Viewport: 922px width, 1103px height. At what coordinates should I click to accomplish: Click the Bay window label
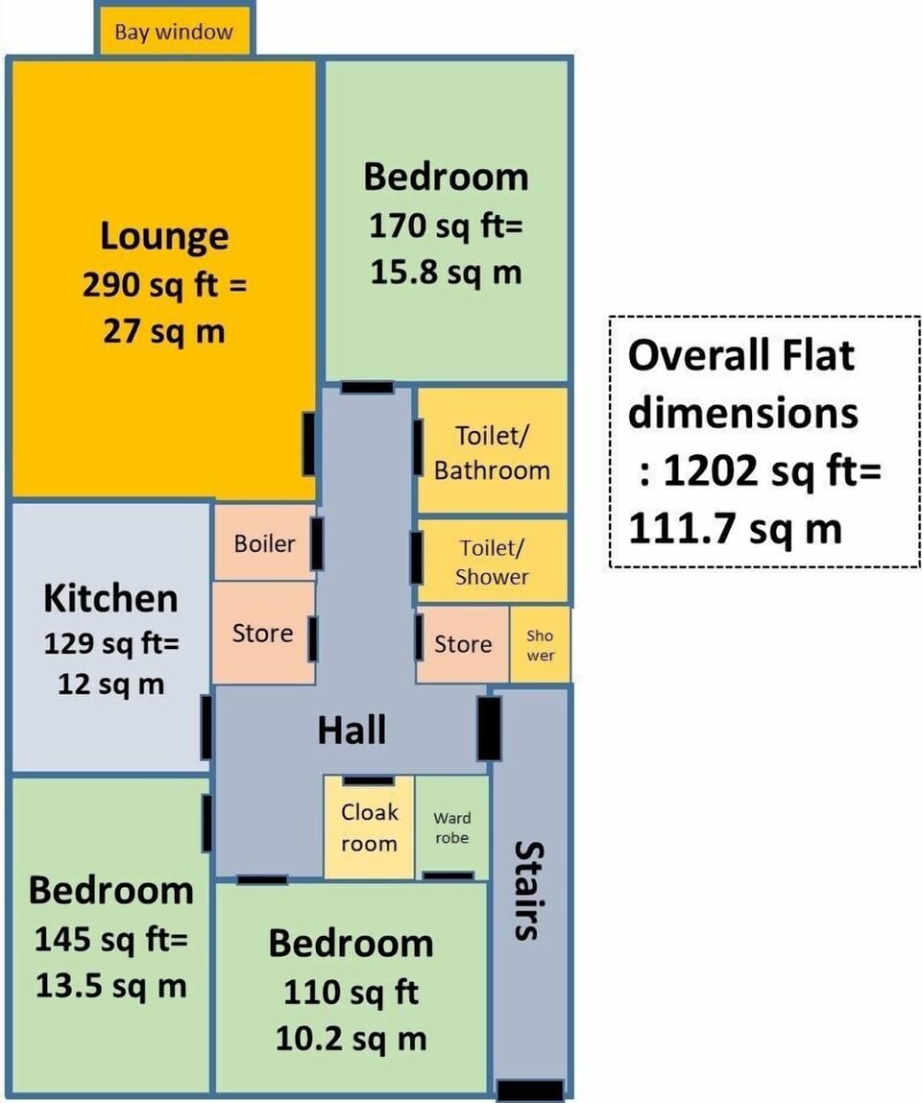tap(174, 32)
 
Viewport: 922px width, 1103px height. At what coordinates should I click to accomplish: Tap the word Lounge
tap(164, 236)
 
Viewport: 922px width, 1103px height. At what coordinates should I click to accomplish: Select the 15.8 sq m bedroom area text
tap(447, 273)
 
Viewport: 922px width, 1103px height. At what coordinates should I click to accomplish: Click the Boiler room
tap(264, 542)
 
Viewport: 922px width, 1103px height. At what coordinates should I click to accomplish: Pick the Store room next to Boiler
tap(263, 632)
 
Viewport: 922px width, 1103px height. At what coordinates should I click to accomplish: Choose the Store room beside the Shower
tap(462, 643)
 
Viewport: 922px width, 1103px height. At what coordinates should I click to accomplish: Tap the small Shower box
tap(540, 644)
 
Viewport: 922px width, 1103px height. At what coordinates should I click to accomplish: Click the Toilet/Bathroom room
tap(492, 451)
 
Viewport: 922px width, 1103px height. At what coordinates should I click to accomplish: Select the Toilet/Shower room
tap(492, 562)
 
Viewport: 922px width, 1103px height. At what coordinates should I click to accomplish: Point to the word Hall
tap(352, 730)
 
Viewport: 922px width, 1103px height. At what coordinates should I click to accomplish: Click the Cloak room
tap(369, 827)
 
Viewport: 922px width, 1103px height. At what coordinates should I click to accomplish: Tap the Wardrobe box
tap(451, 827)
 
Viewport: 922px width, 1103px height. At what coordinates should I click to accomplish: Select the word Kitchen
tap(110, 599)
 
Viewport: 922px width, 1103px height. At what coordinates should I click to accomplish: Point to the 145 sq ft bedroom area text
tap(111, 939)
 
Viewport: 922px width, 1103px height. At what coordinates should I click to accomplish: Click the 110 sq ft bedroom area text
tap(352, 992)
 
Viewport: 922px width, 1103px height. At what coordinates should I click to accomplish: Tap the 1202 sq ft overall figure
tap(773, 469)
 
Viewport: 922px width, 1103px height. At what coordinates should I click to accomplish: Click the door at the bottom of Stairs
tap(530, 1091)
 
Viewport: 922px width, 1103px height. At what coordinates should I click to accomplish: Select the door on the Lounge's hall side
tap(308, 444)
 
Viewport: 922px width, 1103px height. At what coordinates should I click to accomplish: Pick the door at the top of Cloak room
tap(368, 780)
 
